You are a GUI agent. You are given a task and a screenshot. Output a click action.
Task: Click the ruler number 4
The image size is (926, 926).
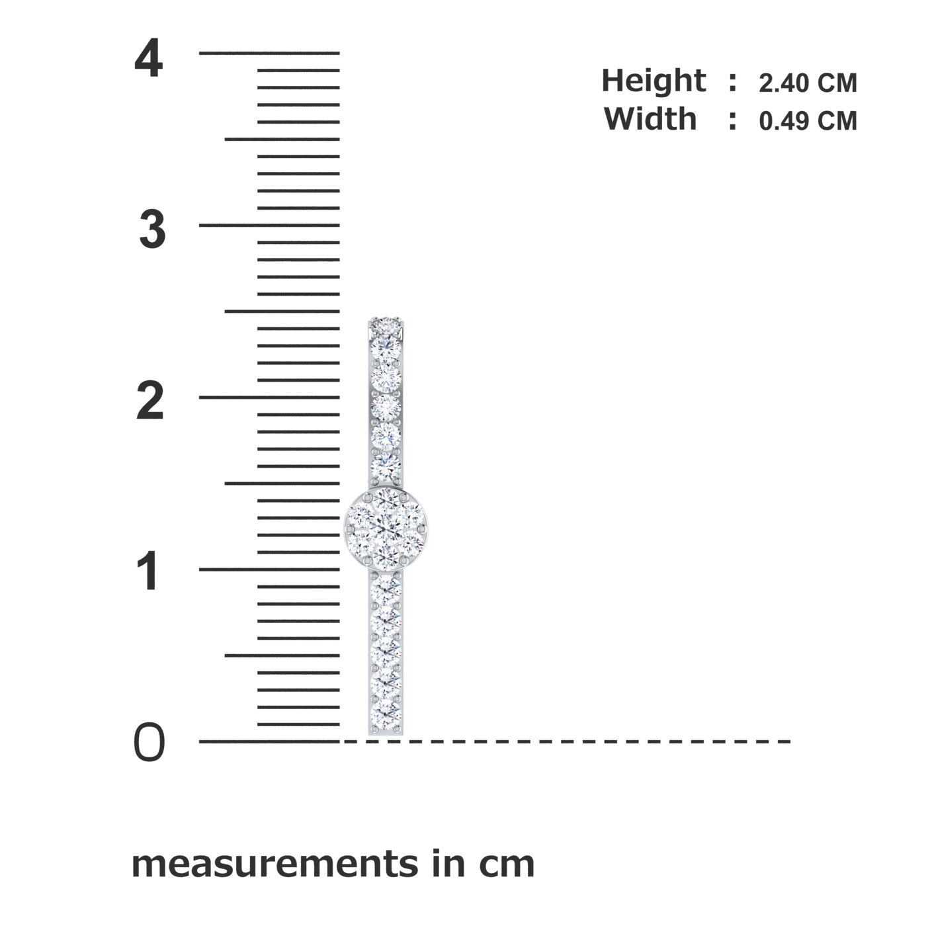coord(148,60)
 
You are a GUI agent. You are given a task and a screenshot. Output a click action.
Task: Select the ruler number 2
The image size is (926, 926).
coord(150,401)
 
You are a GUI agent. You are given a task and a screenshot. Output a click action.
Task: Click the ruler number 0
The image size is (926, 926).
coord(149,743)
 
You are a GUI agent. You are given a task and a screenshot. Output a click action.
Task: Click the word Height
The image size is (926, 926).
coord(653,82)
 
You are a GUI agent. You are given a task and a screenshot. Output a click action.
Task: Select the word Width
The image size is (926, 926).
coord(650,118)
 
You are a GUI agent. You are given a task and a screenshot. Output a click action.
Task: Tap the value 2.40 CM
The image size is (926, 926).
coord(808,83)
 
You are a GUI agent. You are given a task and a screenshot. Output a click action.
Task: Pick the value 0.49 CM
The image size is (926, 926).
coord(808,120)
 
